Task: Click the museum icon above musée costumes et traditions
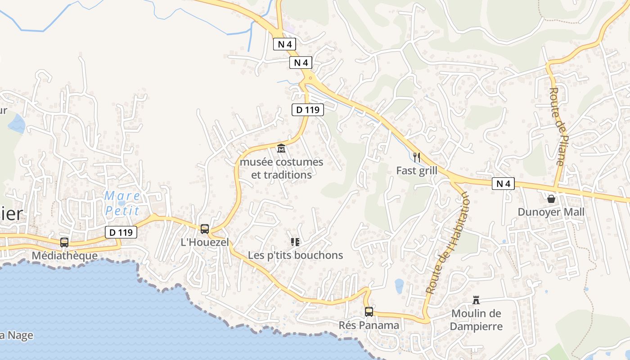coord(281,148)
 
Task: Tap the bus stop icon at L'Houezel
coord(205,229)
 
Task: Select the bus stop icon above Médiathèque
coord(64,243)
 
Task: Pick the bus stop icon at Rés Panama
coord(369,312)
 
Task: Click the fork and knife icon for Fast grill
coord(417,157)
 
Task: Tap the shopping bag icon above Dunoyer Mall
coord(551,198)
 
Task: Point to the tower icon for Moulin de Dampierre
coord(476,300)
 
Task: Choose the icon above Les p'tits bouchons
coord(295,242)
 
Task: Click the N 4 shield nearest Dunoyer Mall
coord(503,184)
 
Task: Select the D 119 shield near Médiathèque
coord(121,232)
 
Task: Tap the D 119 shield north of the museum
coord(308,110)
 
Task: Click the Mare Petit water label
coord(122,203)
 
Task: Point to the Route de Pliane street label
coord(557,126)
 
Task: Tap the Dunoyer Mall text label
coord(551,212)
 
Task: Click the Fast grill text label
coord(417,171)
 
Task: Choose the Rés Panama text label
coord(369,325)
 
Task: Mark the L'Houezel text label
coord(205,242)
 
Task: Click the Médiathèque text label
coord(64,256)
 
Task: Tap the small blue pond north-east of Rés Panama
coord(399,285)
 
